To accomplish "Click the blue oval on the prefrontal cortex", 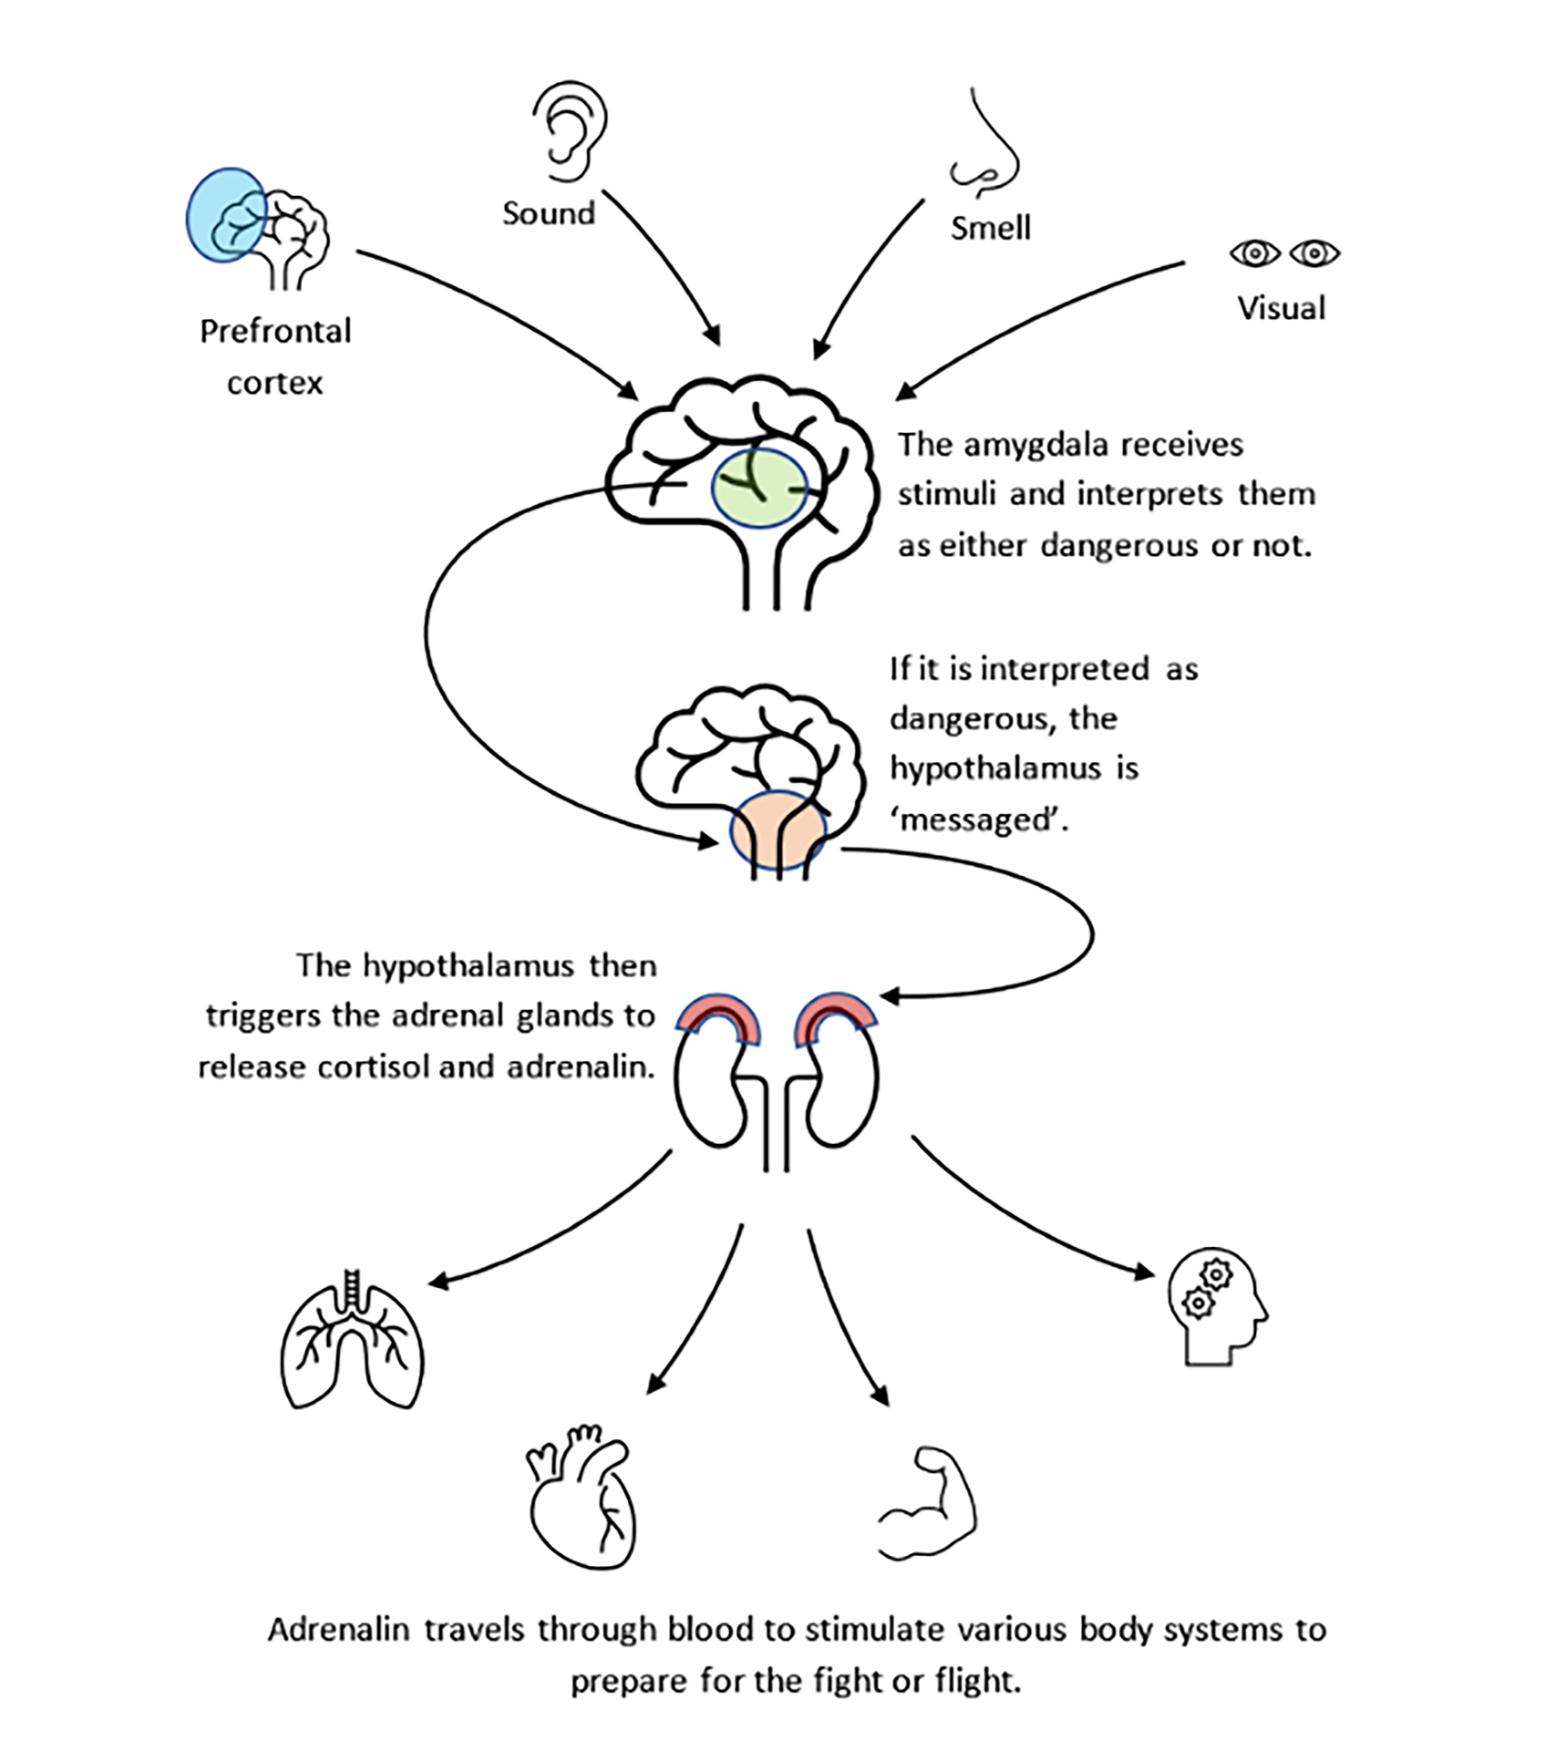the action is click(x=226, y=214).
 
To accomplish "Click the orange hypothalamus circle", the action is click(x=778, y=830).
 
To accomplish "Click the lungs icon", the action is click(x=352, y=1338).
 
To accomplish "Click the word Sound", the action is click(x=549, y=213).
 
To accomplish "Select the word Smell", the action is click(x=991, y=228).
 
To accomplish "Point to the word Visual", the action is click(x=1281, y=308).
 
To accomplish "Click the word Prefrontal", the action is click(x=276, y=332).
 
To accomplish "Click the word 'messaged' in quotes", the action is click(x=979, y=821).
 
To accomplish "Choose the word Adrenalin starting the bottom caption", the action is click(x=338, y=1629).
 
